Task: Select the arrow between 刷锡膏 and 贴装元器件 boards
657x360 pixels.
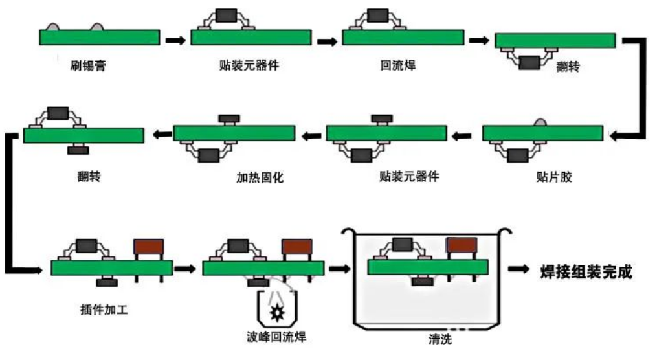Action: [x=175, y=40]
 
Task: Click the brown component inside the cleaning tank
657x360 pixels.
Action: [x=462, y=245]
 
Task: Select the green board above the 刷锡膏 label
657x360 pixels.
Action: [x=100, y=37]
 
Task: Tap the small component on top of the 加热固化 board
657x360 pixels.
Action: [x=228, y=118]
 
